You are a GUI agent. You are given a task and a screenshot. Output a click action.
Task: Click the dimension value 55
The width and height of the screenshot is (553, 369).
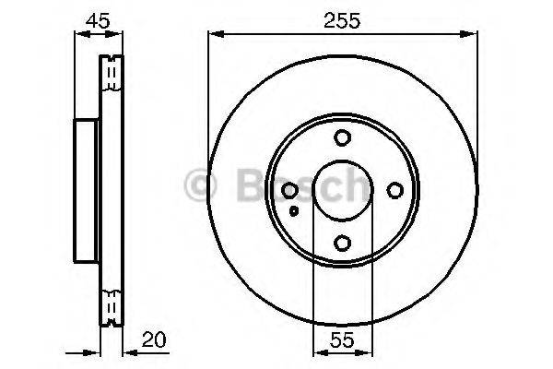click(x=342, y=339)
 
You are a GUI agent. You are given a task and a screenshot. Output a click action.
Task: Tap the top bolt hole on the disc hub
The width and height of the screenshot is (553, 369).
click(x=342, y=138)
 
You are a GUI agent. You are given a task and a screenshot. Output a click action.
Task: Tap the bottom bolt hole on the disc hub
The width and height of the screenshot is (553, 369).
click(x=342, y=243)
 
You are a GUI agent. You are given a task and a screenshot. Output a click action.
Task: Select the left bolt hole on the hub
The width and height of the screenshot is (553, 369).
click(x=289, y=190)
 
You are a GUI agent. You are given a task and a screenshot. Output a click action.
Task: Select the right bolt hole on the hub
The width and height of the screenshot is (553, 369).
click(x=394, y=190)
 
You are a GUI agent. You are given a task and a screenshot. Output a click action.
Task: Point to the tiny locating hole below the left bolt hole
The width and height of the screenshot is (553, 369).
click(x=293, y=210)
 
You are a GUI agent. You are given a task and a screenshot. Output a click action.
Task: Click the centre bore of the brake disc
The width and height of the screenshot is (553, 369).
click(x=342, y=190)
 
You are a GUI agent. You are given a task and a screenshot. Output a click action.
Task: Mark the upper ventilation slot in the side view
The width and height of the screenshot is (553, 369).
click(x=112, y=73)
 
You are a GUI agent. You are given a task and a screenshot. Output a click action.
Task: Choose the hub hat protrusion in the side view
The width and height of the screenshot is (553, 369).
click(x=86, y=190)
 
